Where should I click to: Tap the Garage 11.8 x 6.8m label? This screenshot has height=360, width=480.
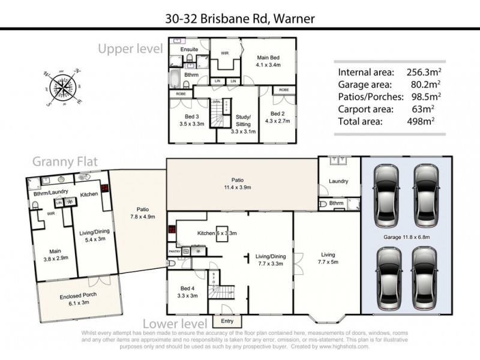407,236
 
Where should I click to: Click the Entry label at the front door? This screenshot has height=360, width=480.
227,322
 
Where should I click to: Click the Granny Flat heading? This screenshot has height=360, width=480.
65,161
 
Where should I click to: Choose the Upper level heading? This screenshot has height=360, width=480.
130,48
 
